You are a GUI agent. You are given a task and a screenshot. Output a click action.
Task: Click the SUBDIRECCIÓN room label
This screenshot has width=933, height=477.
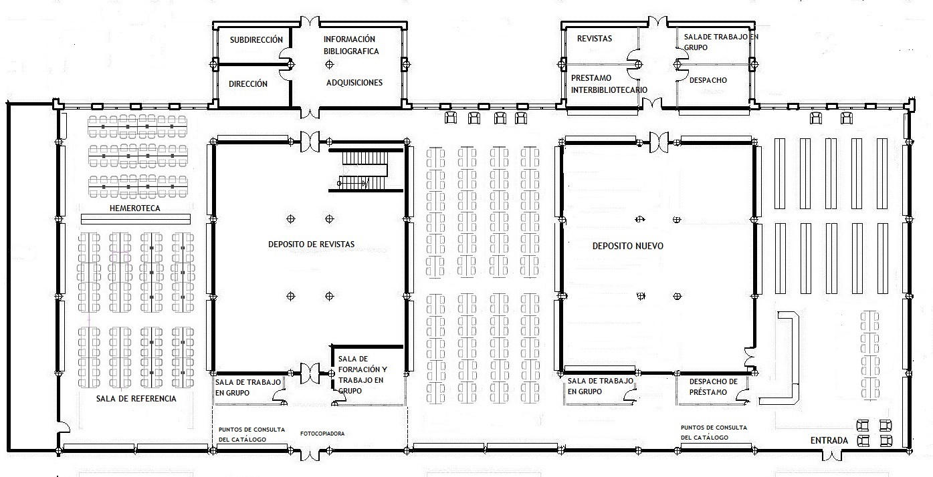[x=256, y=40]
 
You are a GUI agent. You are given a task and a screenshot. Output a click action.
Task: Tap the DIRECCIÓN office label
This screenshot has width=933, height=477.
[x=248, y=84]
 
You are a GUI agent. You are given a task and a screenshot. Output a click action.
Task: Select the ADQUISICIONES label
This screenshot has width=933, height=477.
[x=354, y=83]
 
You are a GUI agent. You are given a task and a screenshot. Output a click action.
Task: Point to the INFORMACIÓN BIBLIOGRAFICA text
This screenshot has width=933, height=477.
[x=350, y=45]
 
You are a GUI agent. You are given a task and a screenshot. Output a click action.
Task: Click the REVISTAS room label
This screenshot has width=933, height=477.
[x=595, y=39]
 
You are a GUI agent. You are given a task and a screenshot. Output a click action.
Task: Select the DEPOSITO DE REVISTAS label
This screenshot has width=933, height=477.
[x=311, y=245]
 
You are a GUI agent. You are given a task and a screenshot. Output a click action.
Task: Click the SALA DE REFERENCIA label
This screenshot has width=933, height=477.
[x=136, y=399]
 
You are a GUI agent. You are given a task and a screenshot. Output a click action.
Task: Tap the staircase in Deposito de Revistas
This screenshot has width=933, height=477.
[x=365, y=169]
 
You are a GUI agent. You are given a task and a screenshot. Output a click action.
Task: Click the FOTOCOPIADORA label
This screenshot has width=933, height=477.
[x=322, y=434]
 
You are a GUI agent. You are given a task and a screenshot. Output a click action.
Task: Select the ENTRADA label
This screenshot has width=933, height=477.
[x=829, y=441]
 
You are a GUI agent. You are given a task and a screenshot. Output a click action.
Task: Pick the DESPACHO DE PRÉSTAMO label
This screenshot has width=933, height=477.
[x=714, y=387]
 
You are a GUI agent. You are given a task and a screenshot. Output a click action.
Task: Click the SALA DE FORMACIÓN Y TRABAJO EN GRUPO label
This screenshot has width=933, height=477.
[x=362, y=374]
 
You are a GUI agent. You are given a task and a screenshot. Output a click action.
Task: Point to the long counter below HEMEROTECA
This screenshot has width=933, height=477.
[x=136, y=219]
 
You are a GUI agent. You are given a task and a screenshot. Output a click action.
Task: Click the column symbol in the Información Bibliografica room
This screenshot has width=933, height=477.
[x=328, y=64]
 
